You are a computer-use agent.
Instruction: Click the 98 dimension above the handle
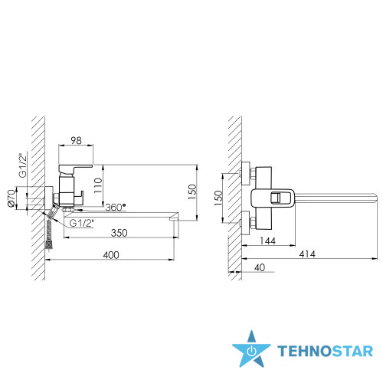76,140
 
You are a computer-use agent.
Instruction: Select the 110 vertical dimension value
98,185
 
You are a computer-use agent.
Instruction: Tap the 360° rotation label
116,207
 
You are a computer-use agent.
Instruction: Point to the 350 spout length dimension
119,233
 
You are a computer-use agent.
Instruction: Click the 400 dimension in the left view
111,255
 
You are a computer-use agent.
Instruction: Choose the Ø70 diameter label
11,198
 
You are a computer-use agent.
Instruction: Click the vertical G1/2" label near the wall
23,165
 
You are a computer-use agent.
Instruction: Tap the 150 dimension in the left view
192,192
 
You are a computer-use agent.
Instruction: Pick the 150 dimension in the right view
218,198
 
